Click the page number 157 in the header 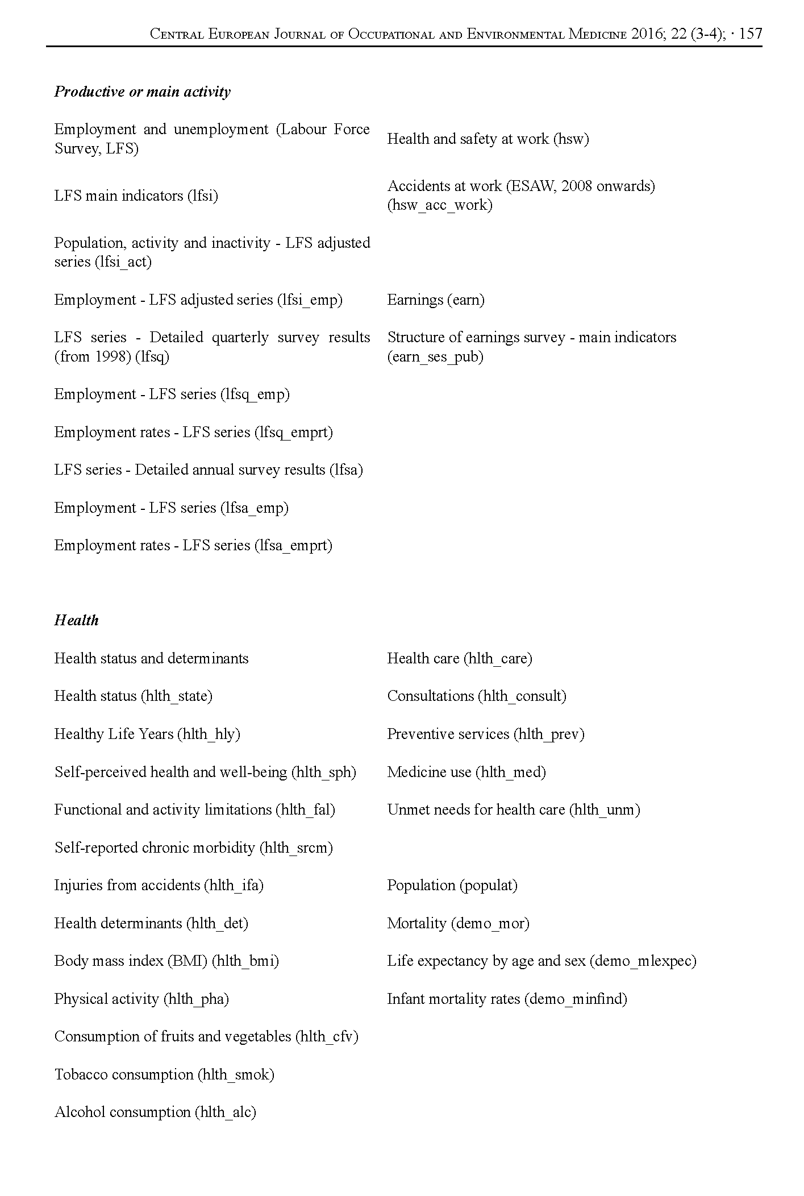point(751,34)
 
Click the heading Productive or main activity point(142,92)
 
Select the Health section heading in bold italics point(76,620)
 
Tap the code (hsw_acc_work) point(440,205)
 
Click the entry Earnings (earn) point(436,300)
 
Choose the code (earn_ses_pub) point(435,357)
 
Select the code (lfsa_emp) point(254,508)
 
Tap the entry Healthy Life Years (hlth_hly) point(147,734)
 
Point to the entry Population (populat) point(452,886)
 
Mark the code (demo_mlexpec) point(643,961)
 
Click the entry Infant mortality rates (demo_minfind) point(507,999)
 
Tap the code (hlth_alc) point(225,1112)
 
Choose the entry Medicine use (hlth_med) point(466,773)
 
